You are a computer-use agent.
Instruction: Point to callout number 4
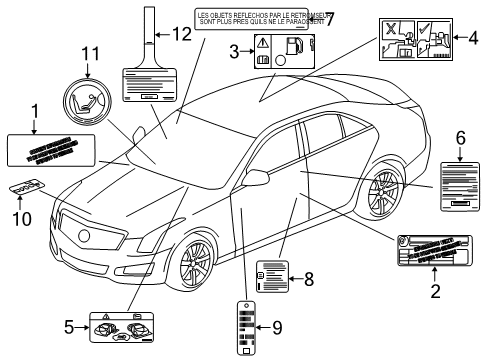(473, 40)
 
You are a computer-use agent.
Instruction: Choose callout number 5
(70, 326)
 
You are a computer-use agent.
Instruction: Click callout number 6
(461, 135)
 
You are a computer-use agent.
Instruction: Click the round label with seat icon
(87, 104)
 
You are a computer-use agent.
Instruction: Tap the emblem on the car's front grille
(85, 235)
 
